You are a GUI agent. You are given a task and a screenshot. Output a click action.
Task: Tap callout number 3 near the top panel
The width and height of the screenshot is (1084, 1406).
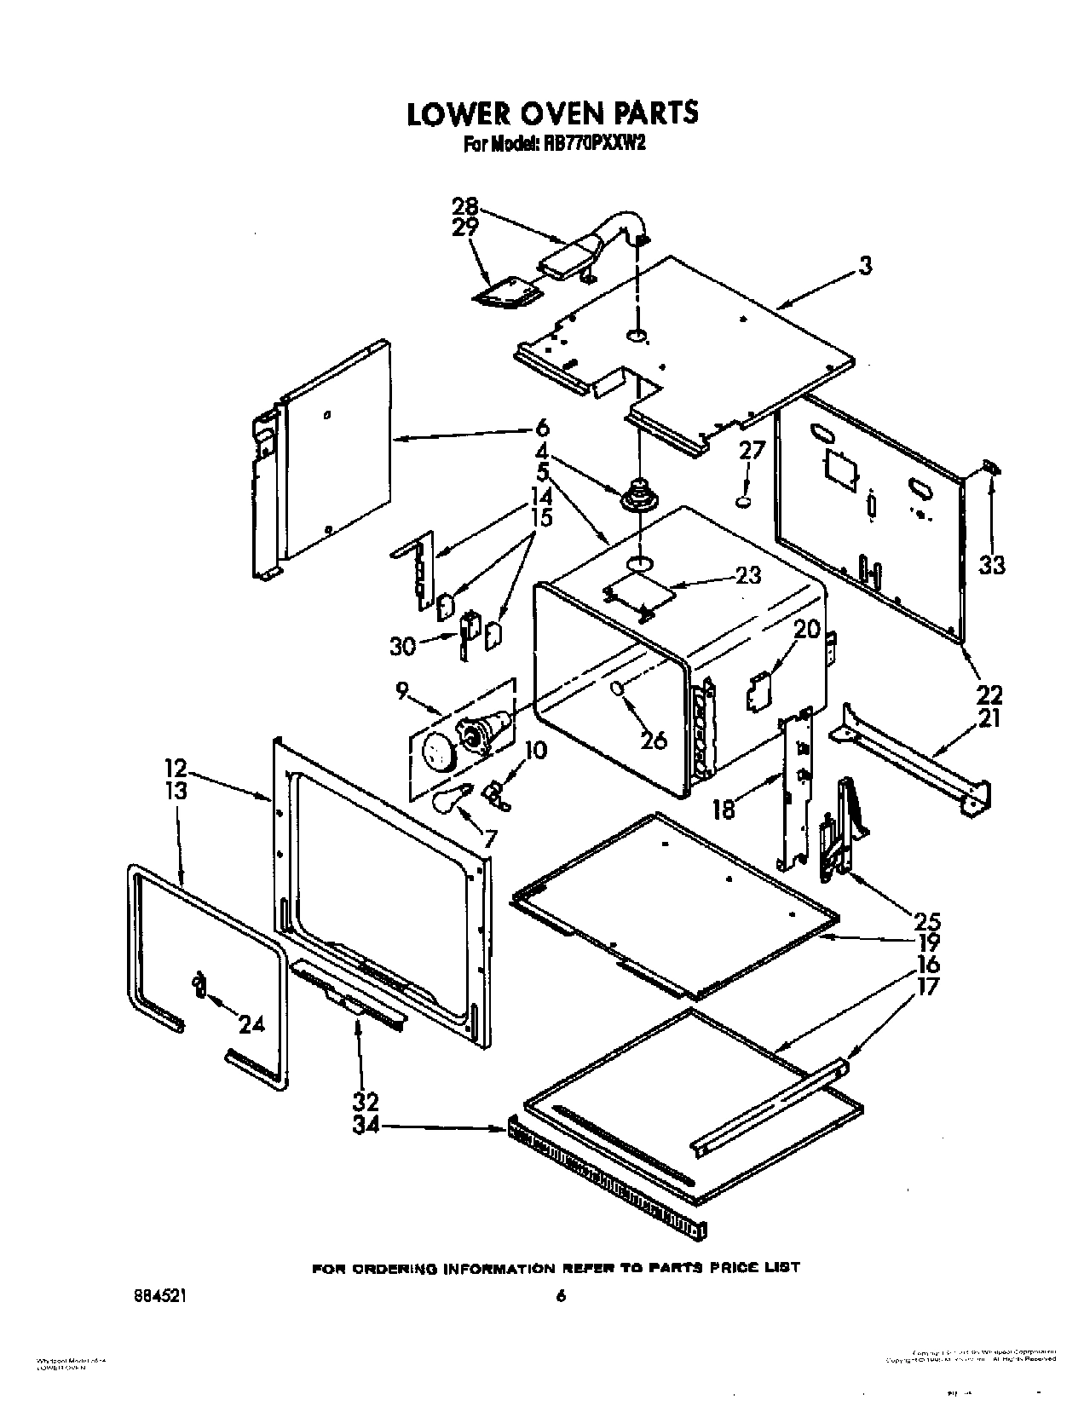(x=865, y=267)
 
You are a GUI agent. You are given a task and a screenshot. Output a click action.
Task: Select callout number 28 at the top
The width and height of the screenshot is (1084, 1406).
(x=466, y=207)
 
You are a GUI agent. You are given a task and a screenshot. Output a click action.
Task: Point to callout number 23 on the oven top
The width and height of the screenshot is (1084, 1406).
(x=747, y=575)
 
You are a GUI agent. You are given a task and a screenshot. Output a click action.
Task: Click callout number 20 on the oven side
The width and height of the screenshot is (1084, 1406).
(x=806, y=630)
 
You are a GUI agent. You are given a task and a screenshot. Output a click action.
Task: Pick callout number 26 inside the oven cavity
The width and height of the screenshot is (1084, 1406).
(x=654, y=740)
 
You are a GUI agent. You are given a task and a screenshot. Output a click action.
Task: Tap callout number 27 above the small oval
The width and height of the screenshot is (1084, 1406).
(x=752, y=450)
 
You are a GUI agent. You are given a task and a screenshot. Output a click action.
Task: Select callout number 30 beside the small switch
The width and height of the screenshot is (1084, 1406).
(x=402, y=646)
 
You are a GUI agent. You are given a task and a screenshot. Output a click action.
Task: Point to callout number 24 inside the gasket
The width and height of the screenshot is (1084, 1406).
(x=251, y=1025)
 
